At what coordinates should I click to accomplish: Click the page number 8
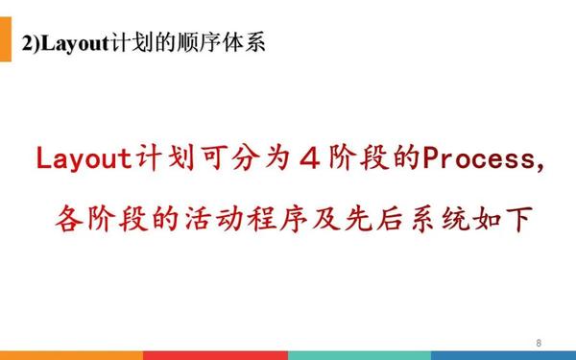(539, 343)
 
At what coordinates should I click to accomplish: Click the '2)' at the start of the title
(31, 42)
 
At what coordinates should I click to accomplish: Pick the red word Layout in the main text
(84, 157)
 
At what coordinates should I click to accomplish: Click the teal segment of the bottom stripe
(359, 355)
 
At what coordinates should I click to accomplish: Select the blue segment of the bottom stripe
(503, 355)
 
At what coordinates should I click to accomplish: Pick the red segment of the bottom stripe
(215, 355)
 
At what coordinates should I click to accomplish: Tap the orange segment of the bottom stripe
(71, 355)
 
